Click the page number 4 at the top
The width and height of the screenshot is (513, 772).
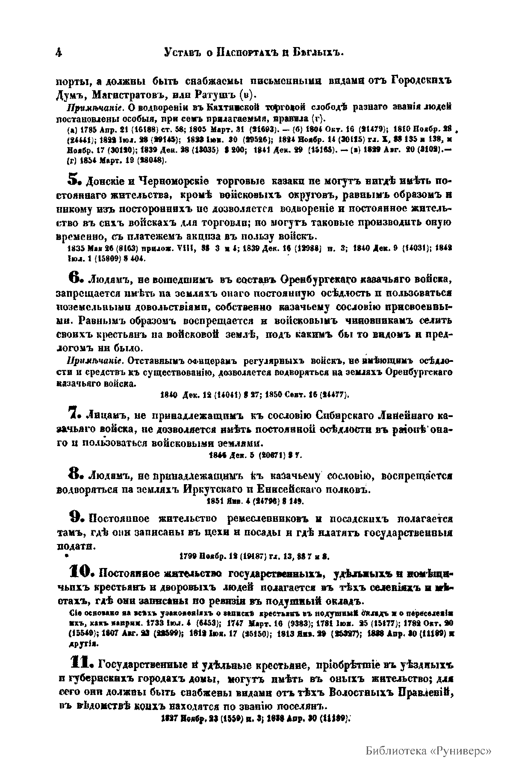click(59, 53)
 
